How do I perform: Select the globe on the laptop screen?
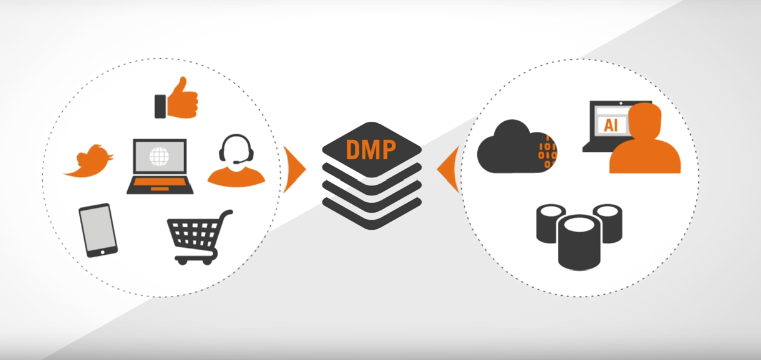[x=159, y=156]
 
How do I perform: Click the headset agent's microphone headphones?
[x=236, y=148]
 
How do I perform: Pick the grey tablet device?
[x=98, y=230]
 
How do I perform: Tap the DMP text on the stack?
[x=371, y=149]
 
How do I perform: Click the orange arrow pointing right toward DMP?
[x=294, y=169]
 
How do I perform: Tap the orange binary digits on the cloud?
[x=547, y=152]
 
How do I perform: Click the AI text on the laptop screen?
[x=611, y=125]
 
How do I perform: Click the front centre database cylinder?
[x=579, y=242]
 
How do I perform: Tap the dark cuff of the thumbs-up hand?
[x=160, y=107]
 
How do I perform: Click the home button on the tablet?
[x=102, y=252]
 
